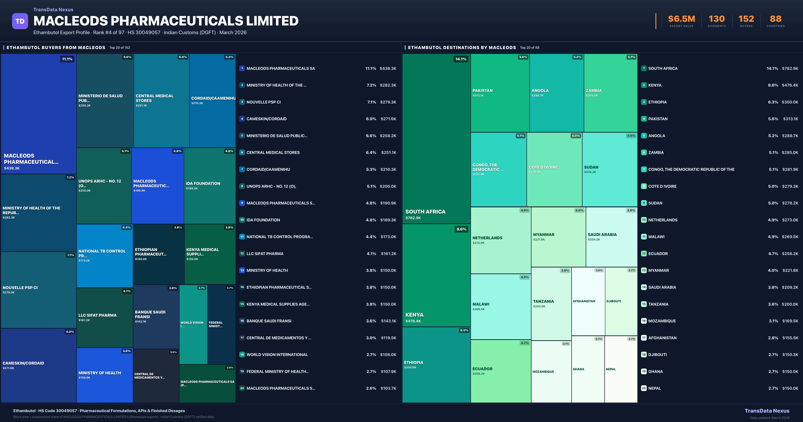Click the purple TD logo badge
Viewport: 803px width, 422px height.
tap(20, 21)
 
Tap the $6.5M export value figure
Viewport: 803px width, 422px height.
tap(681, 19)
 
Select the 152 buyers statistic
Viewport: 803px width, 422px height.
tap(746, 19)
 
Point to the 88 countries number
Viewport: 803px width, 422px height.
tap(776, 19)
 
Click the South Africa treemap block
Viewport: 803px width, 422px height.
tap(436, 139)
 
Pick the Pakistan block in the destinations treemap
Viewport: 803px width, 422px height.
tap(500, 93)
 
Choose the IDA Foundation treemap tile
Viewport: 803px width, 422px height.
tap(209, 186)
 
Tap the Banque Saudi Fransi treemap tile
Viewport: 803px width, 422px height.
tap(156, 316)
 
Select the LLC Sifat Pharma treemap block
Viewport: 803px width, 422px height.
tap(104, 318)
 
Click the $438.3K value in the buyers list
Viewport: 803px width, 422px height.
tap(388, 68)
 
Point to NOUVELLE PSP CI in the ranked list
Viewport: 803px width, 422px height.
tap(263, 102)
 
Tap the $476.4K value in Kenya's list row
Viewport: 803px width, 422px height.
tap(790, 85)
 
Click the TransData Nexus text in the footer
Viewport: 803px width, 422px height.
tap(767, 411)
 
